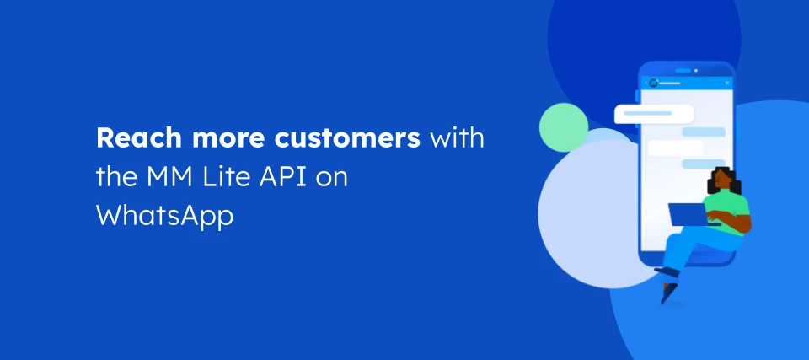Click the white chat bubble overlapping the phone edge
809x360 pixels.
click(x=653, y=114)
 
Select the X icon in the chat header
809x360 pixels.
click(x=726, y=83)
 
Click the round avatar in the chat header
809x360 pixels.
click(x=653, y=83)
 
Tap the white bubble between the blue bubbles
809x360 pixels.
click(x=674, y=148)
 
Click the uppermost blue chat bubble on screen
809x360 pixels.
click(x=704, y=132)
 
